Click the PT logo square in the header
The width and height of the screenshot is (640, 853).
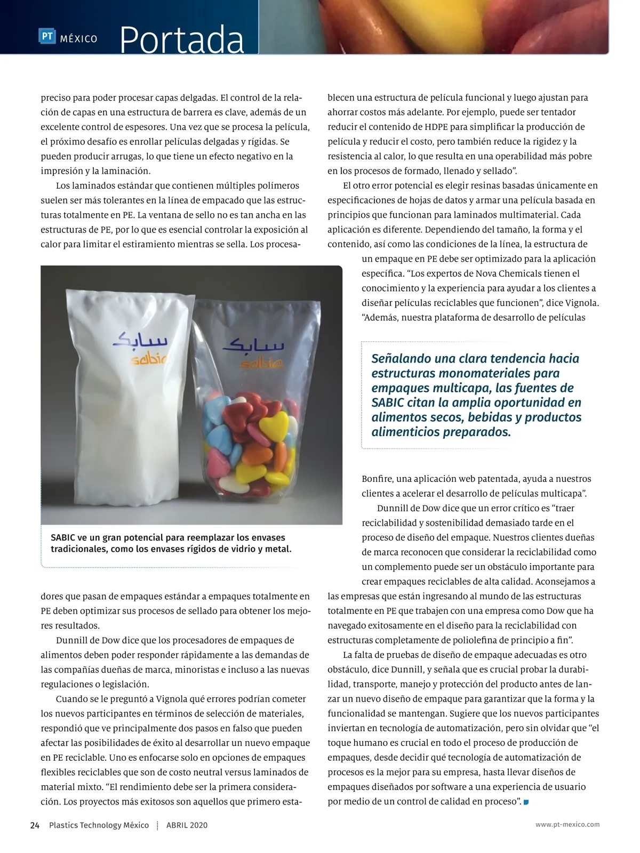pyautogui.click(x=47, y=37)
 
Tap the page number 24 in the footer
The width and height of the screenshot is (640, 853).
pyautogui.click(x=35, y=825)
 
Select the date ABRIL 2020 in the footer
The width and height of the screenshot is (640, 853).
pyautogui.click(x=187, y=825)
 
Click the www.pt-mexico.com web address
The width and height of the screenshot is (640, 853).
pyautogui.click(x=567, y=824)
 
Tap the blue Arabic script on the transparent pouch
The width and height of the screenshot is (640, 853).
pyautogui.click(x=253, y=344)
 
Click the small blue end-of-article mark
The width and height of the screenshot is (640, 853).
pyautogui.click(x=526, y=802)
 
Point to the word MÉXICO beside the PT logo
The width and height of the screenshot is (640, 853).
pyautogui.click(x=78, y=39)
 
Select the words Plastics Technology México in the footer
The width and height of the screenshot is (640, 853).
pyautogui.click(x=99, y=825)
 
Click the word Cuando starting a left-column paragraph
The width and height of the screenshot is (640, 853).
pyautogui.click(x=71, y=699)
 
